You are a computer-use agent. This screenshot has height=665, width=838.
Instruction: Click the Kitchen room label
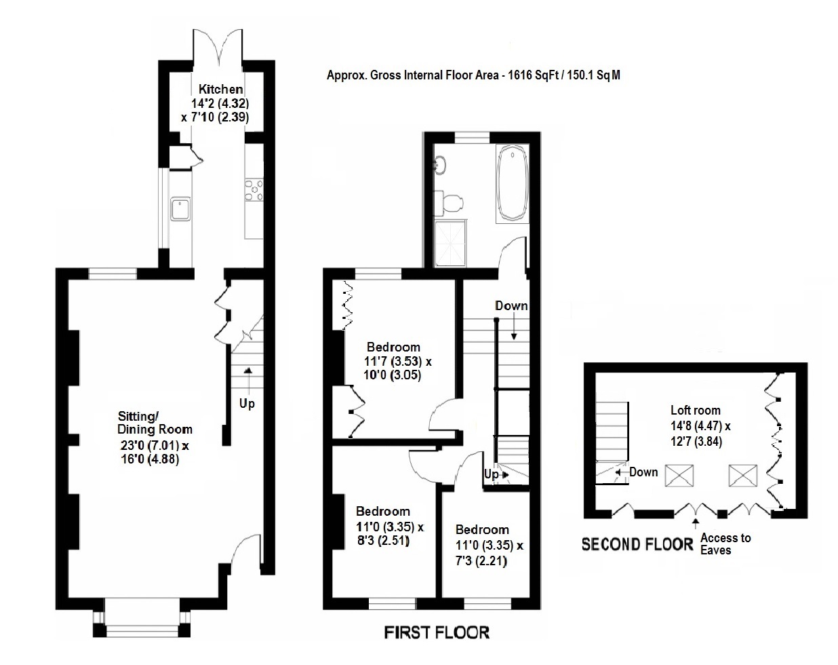tap(220, 89)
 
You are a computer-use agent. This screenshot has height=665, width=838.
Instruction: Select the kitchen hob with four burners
tap(254, 190)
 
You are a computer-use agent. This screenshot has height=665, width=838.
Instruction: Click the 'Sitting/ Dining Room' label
tap(155, 422)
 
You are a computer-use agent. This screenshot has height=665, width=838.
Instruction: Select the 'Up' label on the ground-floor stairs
tap(247, 403)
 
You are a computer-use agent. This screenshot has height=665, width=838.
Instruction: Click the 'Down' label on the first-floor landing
tap(511, 305)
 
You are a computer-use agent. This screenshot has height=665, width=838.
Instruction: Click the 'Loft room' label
tap(695, 410)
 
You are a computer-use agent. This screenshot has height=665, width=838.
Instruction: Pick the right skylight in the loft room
tap(742, 475)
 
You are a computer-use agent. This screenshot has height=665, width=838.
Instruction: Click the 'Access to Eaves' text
tap(725, 544)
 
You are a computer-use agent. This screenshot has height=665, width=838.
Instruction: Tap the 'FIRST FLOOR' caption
tap(436, 632)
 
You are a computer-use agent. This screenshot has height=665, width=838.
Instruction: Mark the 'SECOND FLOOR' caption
tap(637, 544)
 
